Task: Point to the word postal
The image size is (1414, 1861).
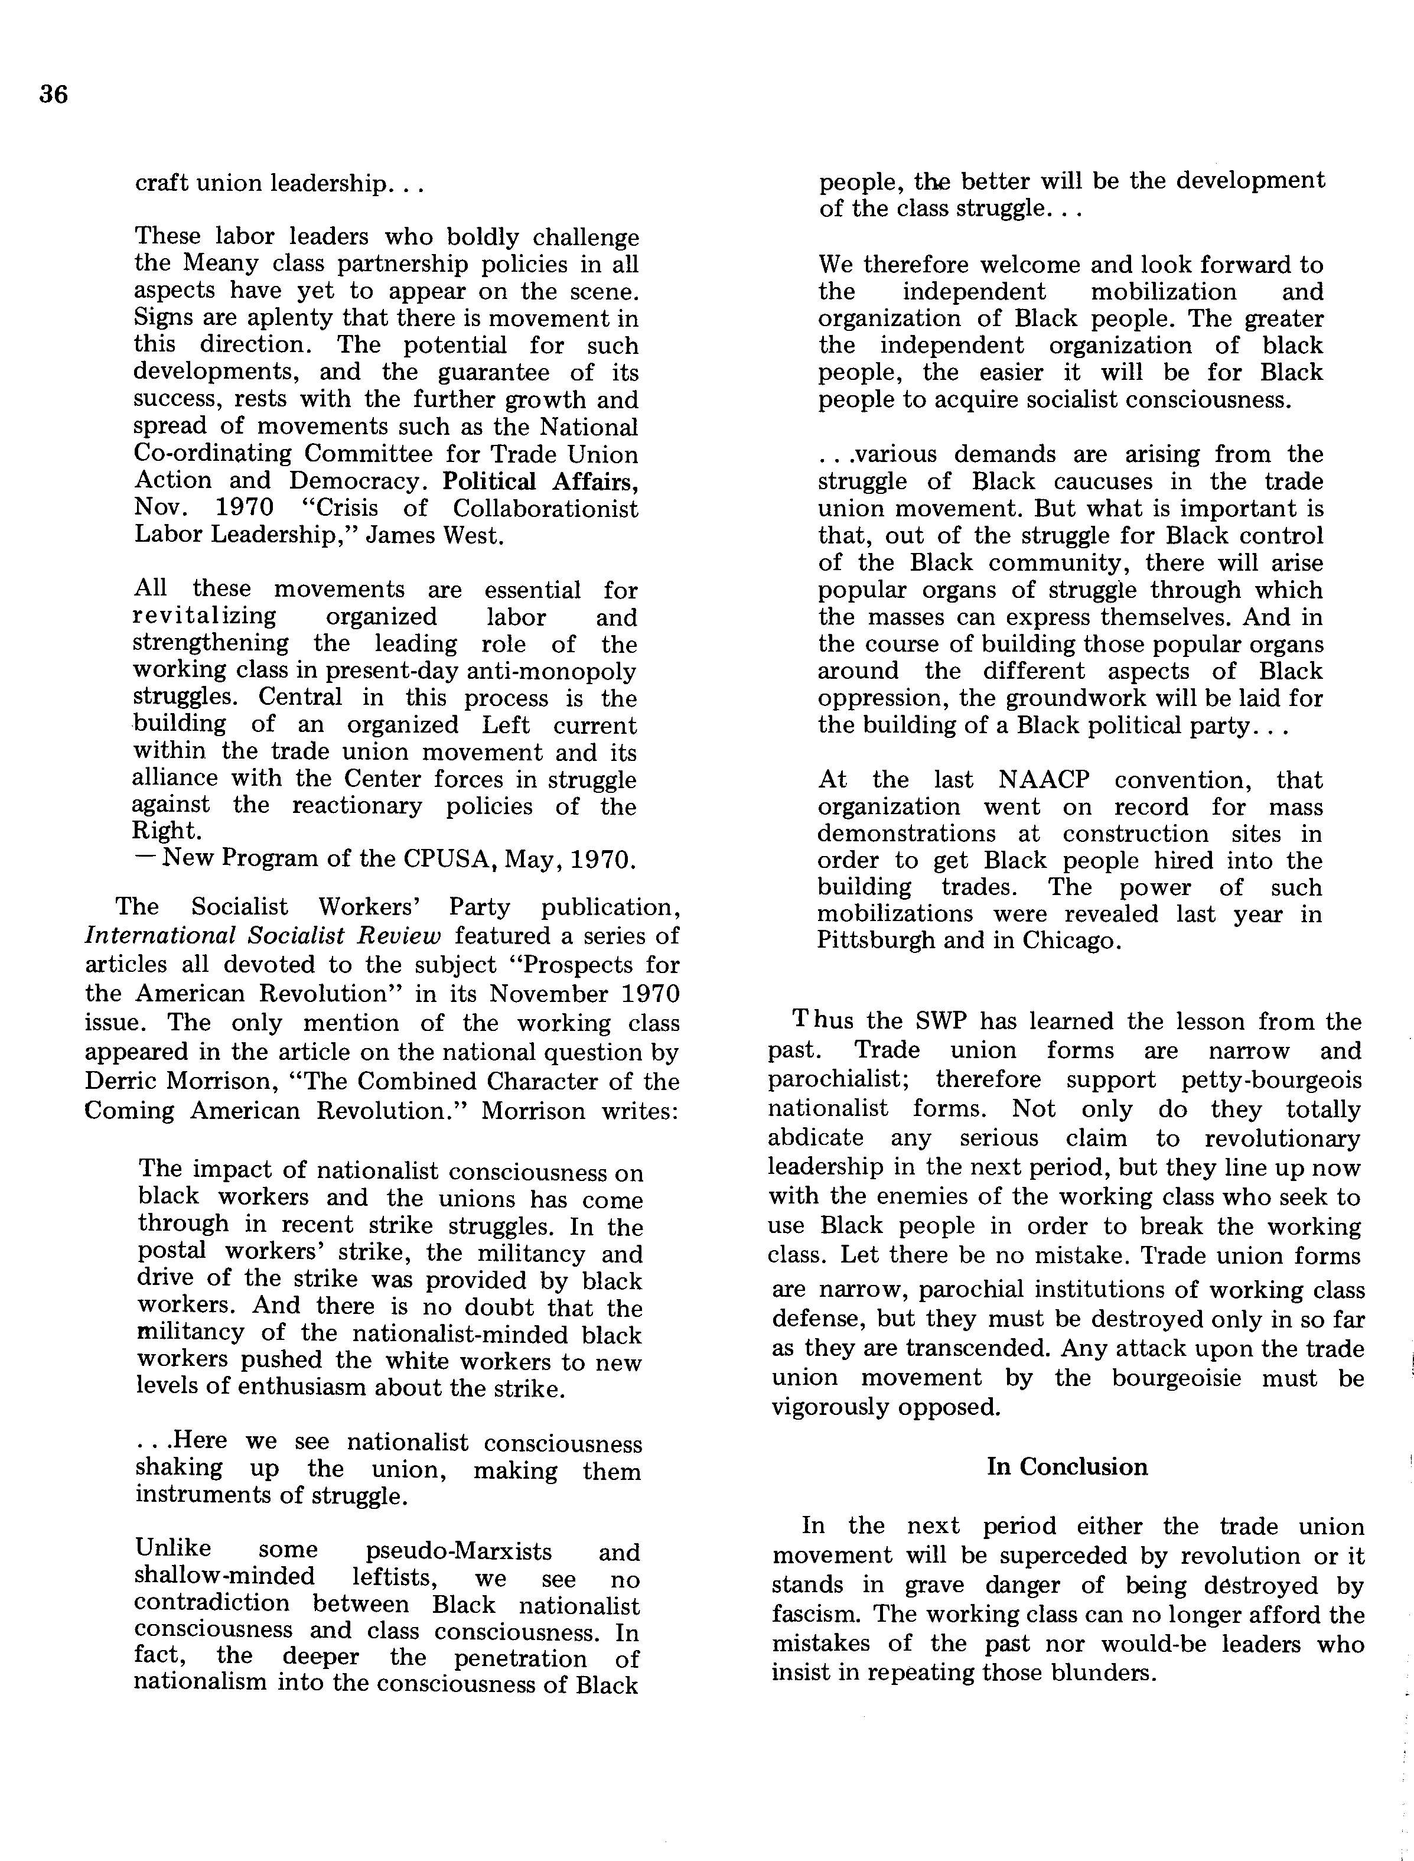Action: [172, 1252]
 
